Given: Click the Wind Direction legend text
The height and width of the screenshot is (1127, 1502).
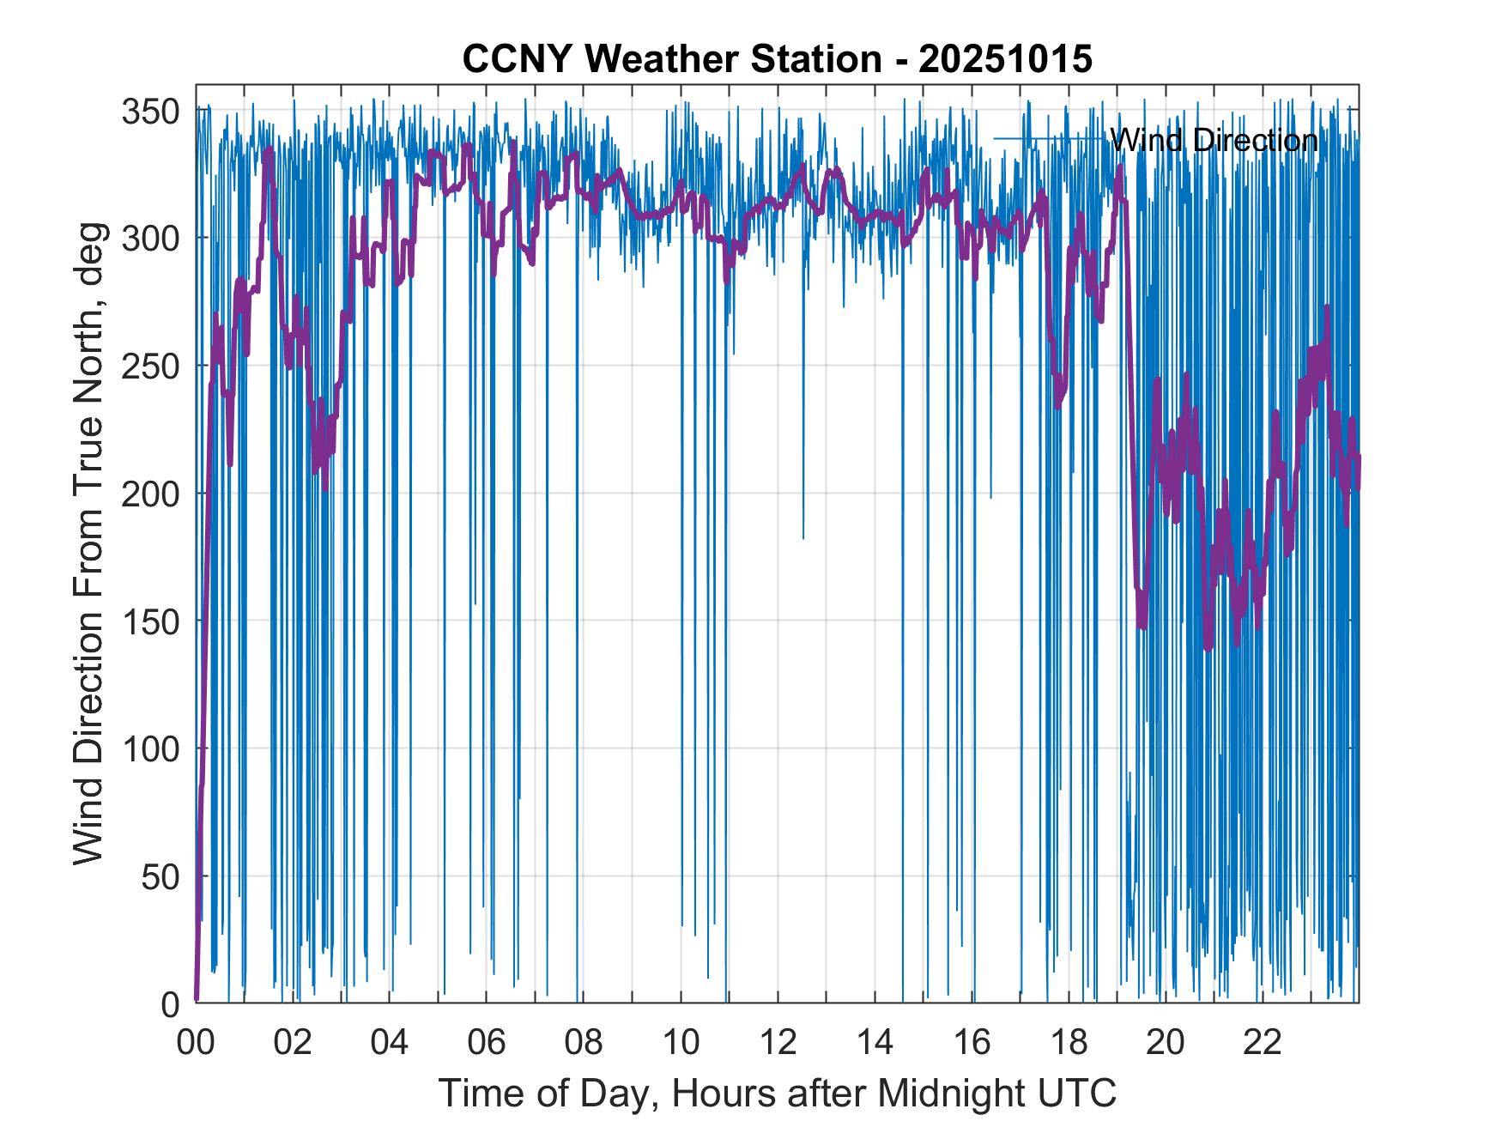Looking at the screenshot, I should click(1214, 140).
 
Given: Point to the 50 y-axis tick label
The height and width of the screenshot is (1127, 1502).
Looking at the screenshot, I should click(160, 876).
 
